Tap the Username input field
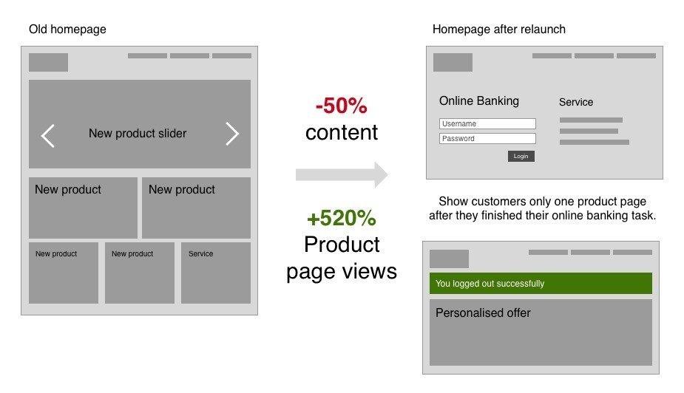point(487,124)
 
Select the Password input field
point(487,139)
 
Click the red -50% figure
point(342,106)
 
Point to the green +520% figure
point(342,218)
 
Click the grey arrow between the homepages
point(342,175)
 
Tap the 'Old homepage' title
point(67,30)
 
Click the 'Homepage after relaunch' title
point(499,30)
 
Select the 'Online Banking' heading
point(479,100)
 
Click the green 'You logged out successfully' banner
point(541,283)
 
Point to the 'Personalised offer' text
point(483,312)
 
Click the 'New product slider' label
point(138,133)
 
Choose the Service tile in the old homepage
point(216,273)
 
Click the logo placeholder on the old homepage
point(48,62)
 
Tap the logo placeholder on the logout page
point(450,259)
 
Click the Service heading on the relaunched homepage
point(576,102)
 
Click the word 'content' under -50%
point(342,132)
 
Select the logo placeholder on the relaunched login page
point(453,62)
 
